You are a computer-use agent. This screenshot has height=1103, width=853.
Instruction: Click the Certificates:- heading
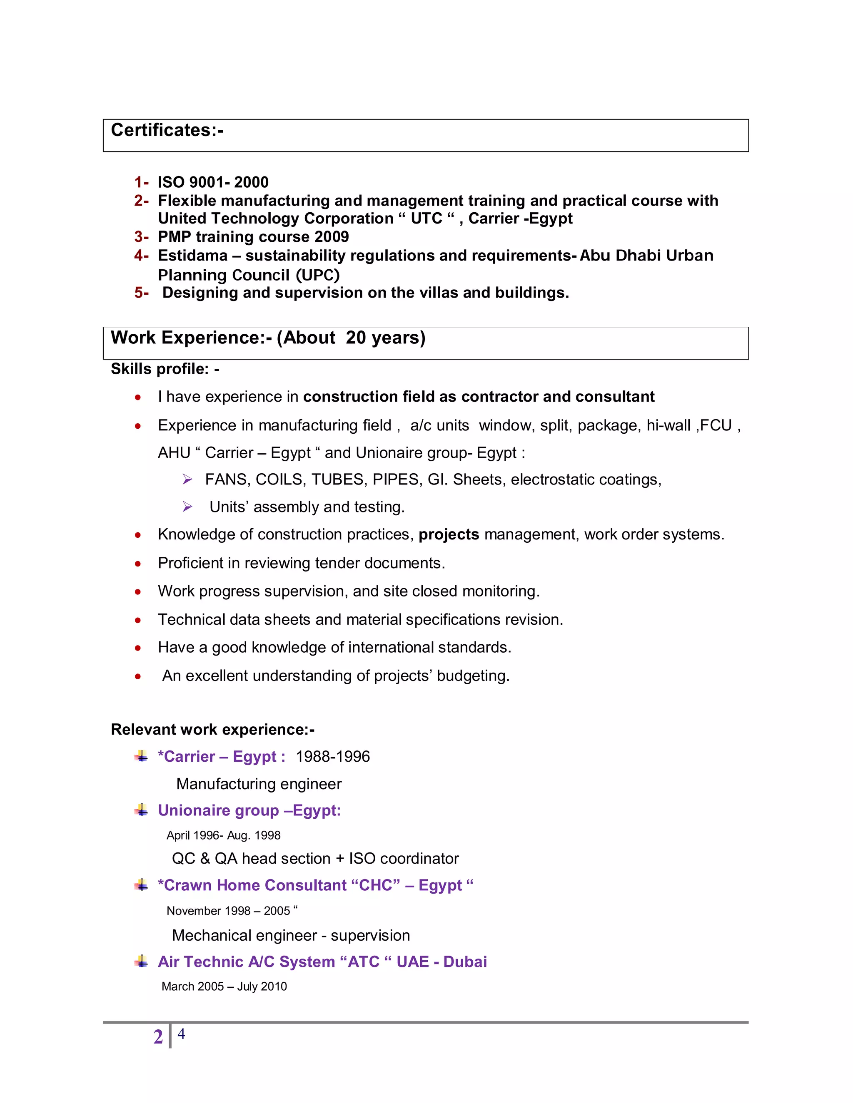pyautogui.click(x=167, y=130)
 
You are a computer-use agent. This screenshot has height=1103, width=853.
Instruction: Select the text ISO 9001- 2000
pyautogui.click(x=213, y=182)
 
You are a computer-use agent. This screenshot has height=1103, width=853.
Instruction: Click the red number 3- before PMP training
pyautogui.click(x=141, y=237)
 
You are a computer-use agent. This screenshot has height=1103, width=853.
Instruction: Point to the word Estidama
pyautogui.click(x=192, y=256)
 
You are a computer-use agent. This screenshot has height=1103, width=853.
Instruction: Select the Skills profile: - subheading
pyautogui.click(x=165, y=369)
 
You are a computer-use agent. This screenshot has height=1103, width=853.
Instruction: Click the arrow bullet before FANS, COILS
pyautogui.click(x=187, y=479)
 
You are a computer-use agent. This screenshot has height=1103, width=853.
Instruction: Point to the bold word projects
pyautogui.click(x=448, y=534)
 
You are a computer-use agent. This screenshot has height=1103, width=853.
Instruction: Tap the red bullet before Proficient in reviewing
pyautogui.click(x=138, y=564)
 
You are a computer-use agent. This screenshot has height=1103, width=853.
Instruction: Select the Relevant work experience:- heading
pyautogui.click(x=212, y=730)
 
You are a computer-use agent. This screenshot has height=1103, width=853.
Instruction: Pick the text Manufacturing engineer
pyautogui.click(x=259, y=784)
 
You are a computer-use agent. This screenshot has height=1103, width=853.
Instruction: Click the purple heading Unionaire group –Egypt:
pyautogui.click(x=249, y=810)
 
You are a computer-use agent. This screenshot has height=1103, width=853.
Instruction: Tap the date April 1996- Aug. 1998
pyautogui.click(x=223, y=835)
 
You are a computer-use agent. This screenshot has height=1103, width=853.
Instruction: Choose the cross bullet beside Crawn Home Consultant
pyautogui.click(x=142, y=885)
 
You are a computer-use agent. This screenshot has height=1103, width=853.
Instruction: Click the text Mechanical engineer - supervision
pyautogui.click(x=291, y=935)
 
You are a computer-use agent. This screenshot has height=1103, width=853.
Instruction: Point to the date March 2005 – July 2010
pyautogui.click(x=224, y=986)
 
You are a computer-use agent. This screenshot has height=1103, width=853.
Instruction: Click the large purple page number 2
pyautogui.click(x=158, y=1037)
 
